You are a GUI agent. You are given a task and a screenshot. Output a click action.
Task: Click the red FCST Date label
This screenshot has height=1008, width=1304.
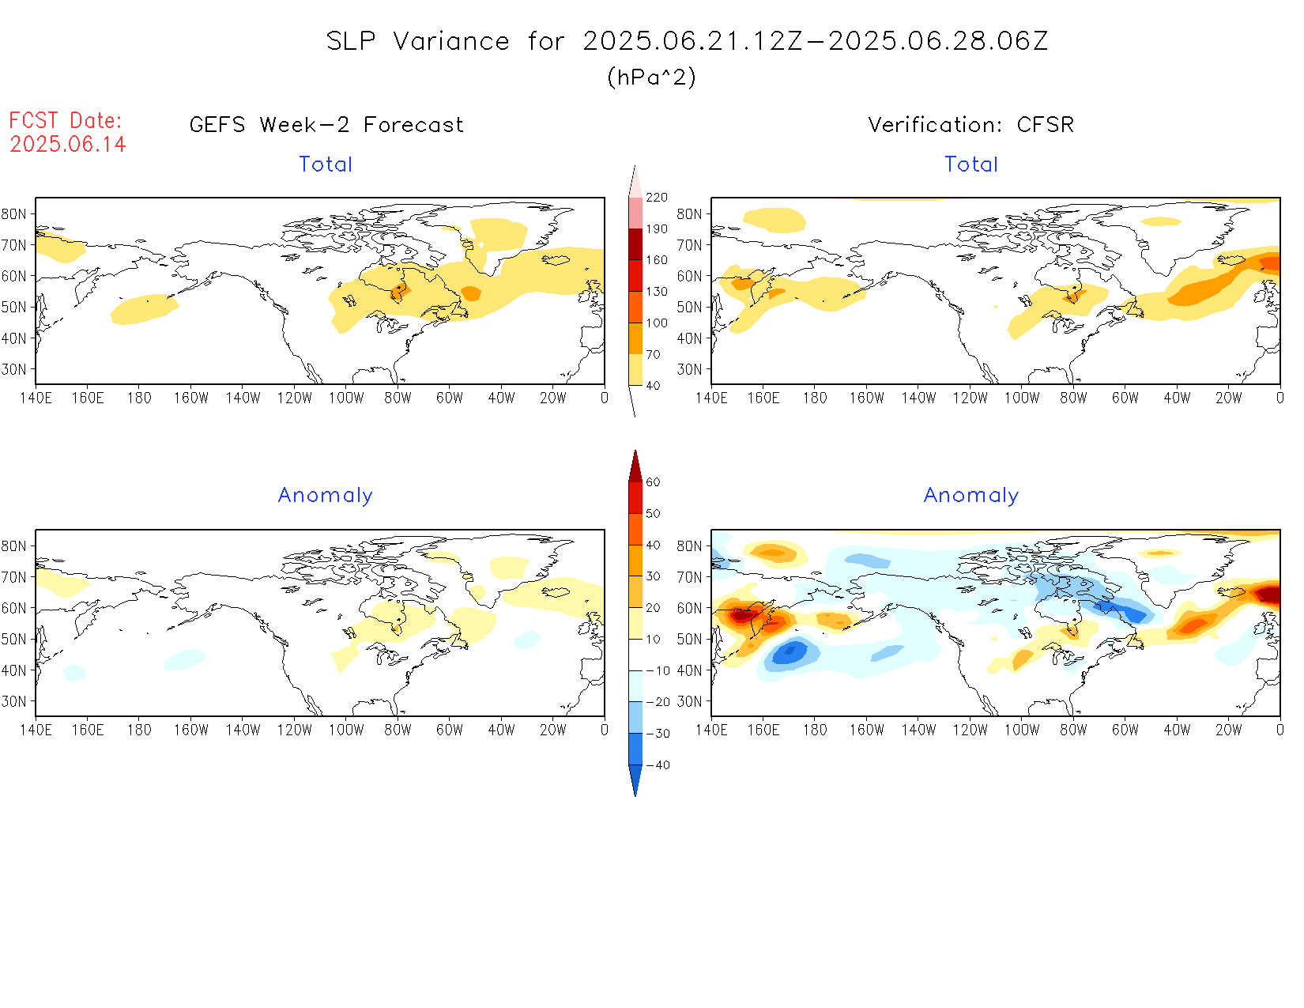coord(65,120)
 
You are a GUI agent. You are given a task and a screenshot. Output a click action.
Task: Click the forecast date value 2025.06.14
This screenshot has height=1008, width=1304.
coord(68,144)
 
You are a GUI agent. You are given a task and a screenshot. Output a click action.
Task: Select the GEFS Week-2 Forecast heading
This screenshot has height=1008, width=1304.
coord(326,125)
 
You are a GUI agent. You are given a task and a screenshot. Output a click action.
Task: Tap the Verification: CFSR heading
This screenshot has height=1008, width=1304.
coord(970,125)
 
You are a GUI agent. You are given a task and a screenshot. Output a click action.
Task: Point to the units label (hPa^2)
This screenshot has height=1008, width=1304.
coord(651,77)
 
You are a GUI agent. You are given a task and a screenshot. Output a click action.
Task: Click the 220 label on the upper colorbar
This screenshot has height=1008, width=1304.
coord(656,197)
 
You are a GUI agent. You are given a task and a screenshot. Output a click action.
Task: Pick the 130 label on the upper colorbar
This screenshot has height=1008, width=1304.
coord(656,291)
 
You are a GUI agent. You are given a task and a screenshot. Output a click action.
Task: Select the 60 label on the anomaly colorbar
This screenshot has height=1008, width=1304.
coord(653,482)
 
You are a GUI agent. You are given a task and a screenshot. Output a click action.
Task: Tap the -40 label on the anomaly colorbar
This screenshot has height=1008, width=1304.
coord(658,765)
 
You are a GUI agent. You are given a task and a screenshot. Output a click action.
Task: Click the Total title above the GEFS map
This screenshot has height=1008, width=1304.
coord(325,164)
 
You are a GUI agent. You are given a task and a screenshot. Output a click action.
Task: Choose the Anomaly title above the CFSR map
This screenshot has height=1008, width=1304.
coord(970,496)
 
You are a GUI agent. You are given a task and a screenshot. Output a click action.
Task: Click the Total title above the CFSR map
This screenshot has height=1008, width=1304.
coord(970,164)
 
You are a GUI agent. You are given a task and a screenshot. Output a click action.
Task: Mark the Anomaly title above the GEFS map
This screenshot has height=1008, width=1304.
coord(325,496)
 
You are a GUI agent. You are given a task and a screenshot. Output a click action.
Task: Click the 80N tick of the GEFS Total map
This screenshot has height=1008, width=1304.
coord(14,214)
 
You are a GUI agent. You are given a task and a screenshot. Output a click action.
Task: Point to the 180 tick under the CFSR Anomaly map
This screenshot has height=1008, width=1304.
coord(815,730)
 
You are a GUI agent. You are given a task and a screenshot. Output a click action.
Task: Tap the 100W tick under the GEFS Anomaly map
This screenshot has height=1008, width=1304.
coord(346,730)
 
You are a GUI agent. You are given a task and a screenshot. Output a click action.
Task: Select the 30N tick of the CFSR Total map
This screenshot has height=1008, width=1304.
coord(689,369)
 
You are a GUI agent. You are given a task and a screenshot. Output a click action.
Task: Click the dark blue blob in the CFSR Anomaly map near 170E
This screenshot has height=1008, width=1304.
coord(790,654)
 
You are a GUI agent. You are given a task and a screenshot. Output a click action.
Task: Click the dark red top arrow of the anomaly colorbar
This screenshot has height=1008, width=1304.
coord(635,466)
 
